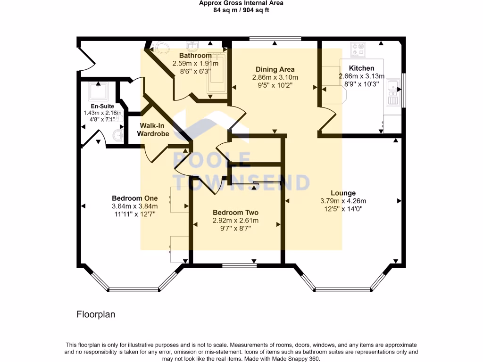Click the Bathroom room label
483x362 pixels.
coord(195,56)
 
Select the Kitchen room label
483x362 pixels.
coord(361,68)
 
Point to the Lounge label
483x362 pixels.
coord(343,193)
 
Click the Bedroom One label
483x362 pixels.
coord(134,198)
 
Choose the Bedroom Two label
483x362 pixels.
coord(235,212)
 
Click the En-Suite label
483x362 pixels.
coord(102,107)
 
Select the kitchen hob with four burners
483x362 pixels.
coord(358,49)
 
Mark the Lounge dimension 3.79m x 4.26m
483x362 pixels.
coord(343,201)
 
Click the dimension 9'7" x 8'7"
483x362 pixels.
coord(235,228)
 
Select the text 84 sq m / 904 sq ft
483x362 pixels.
coord(241,10)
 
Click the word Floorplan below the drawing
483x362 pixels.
coord(96,314)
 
